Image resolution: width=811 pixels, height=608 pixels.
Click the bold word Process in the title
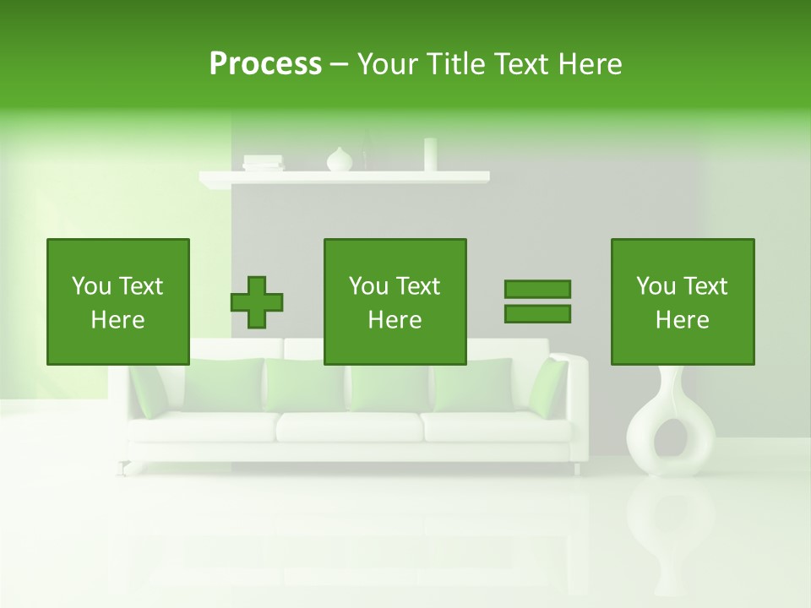click(x=265, y=64)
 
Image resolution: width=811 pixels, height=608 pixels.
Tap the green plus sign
click(x=257, y=301)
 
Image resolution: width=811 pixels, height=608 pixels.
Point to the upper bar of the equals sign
click(x=537, y=289)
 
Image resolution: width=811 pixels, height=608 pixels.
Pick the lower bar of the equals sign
click(x=537, y=313)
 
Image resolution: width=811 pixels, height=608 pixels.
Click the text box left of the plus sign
click(x=118, y=301)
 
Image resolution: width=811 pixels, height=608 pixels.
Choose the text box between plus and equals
click(x=395, y=301)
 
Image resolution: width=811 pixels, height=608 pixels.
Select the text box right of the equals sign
click(x=683, y=301)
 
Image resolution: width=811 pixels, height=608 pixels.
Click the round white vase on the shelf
click(x=339, y=160)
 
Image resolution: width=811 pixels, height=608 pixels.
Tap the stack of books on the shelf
click(x=263, y=162)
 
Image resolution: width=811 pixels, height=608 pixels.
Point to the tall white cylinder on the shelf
click(x=430, y=155)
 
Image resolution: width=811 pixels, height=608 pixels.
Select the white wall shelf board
click(x=344, y=177)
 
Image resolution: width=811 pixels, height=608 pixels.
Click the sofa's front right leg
click(x=577, y=468)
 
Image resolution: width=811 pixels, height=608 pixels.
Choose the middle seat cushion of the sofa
click(x=349, y=426)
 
